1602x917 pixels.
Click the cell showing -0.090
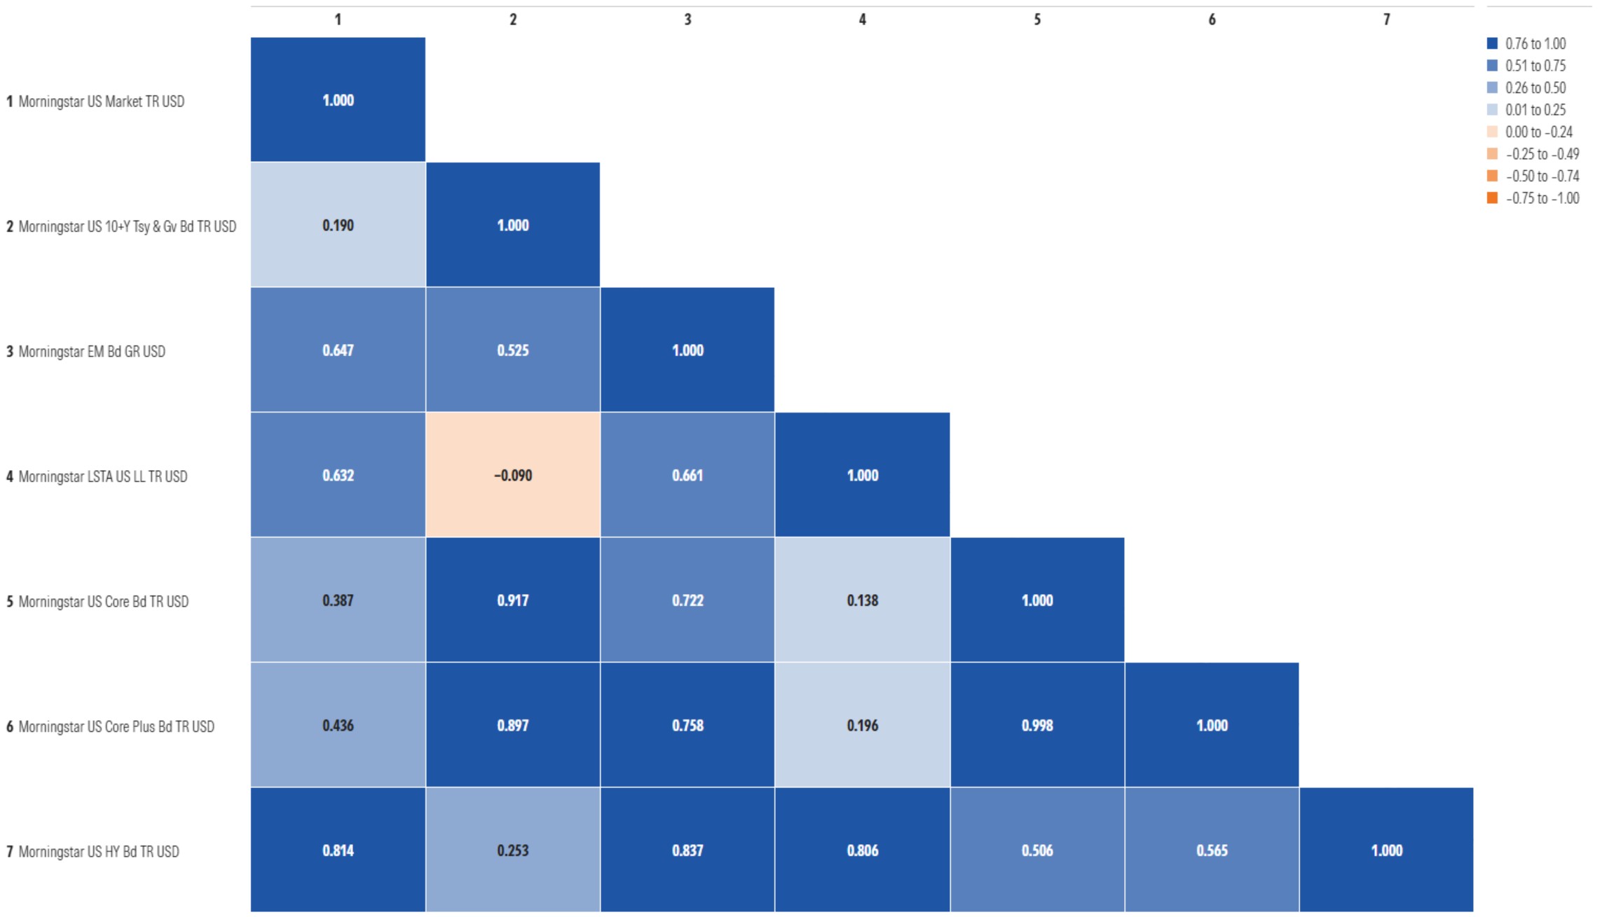pyautogui.click(x=512, y=475)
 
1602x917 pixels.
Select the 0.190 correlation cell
pyautogui.click(x=338, y=225)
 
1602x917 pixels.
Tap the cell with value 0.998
pyautogui.click(x=1037, y=725)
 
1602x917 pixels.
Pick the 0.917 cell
pyautogui.click(x=512, y=600)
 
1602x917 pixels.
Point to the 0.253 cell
pyautogui.click(x=512, y=850)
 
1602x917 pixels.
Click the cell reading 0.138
pyautogui.click(x=862, y=600)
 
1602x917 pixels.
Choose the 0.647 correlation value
pyautogui.click(x=338, y=350)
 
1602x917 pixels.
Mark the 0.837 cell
pyautogui.click(x=687, y=850)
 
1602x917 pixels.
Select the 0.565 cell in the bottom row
pyautogui.click(x=1212, y=850)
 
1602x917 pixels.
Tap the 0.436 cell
pyautogui.click(x=338, y=725)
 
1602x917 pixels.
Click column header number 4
pyautogui.click(x=862, y=20)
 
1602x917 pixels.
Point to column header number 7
pyautogui.click(x=1386, y=20)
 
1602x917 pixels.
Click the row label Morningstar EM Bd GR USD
pyautogui.click(x=91, y=352)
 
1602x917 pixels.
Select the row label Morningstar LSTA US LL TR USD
pyautogui.click(x=102, y=476)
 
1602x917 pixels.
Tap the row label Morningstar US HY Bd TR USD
pyautogui.click(x=98, y=852)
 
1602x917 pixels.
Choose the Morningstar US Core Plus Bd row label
pyautogui.click(x=116, y=726)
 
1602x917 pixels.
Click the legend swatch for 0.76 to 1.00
pyautogui.click(x=1492, y=43)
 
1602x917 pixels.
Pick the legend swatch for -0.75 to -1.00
pyautogui.click(x=1492, y=198)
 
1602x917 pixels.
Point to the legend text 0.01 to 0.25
pyautogui.click(x=1535, y=110)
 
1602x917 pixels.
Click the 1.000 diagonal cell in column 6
pyautogui.click(x=1212, y=725)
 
